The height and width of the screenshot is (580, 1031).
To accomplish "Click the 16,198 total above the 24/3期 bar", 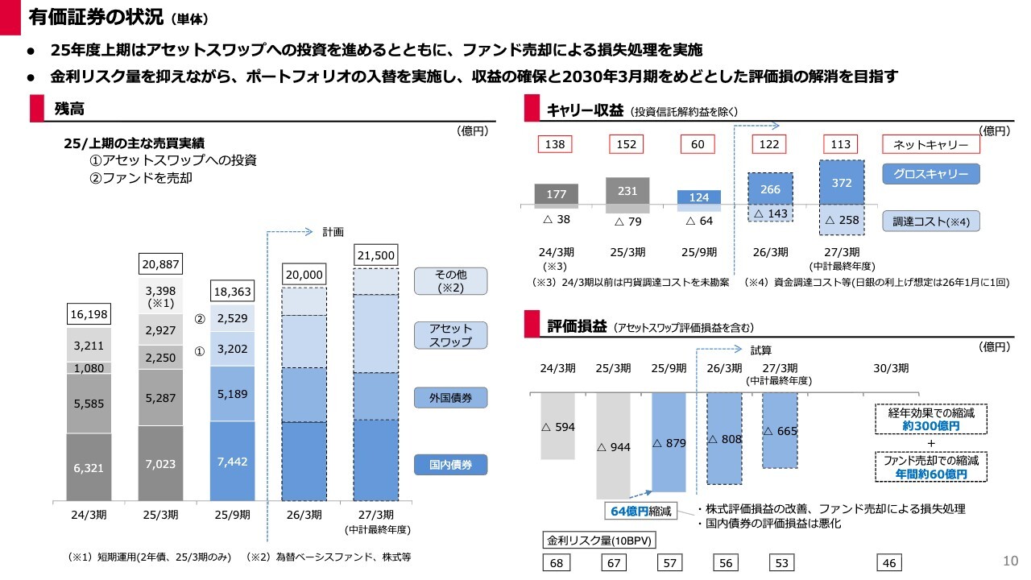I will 89,313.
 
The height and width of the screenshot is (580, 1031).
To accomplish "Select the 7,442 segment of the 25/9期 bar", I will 232,462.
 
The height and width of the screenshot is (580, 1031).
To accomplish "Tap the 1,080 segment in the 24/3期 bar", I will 89,368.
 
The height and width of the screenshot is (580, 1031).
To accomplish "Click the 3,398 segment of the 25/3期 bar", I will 160,295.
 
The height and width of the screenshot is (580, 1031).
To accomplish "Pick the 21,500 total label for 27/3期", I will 375,255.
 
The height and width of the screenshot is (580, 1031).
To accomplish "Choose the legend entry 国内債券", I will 451,465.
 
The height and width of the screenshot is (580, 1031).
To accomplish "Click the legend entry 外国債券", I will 451,397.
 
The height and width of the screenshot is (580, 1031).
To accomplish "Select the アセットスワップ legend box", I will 451,335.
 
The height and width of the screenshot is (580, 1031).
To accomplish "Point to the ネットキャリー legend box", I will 931,144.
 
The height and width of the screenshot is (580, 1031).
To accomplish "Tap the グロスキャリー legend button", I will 931,173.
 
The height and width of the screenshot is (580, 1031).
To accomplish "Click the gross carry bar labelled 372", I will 842,183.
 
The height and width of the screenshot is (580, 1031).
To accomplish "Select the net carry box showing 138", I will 555,144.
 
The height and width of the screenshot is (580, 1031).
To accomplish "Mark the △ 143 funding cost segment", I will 770,213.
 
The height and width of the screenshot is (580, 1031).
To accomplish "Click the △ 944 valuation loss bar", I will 619,446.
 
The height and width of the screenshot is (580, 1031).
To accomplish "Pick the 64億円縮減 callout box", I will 641,511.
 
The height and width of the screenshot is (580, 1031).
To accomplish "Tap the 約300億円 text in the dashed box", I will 931,425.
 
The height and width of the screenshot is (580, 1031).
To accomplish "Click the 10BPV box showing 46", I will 888,563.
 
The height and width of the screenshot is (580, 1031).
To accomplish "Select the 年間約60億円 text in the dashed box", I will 931,474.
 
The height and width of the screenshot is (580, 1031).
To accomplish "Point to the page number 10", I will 1011,561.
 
